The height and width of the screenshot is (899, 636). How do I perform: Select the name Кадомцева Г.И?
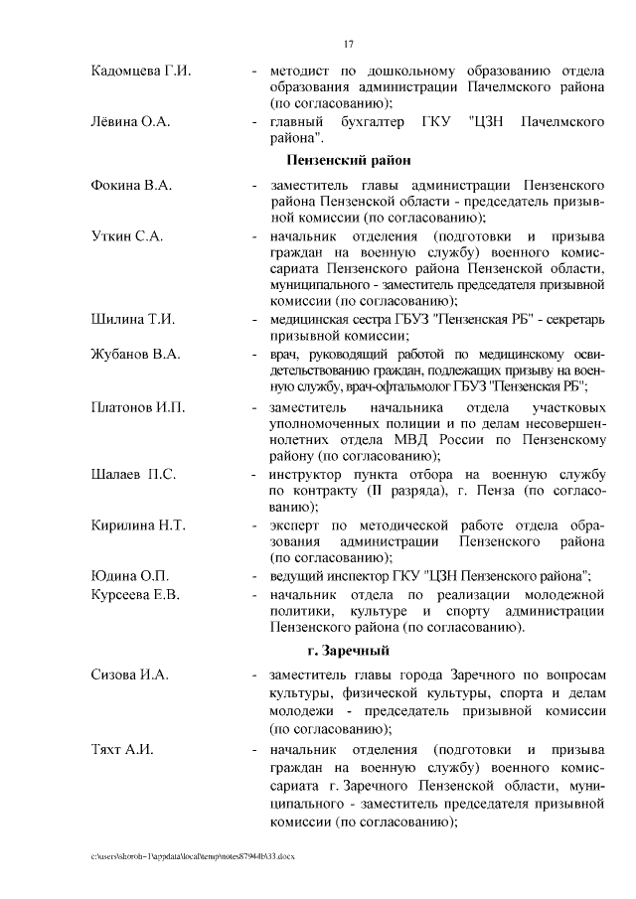click(x=140, y=72)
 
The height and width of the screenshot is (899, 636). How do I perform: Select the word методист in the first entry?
click(x=297, y=72)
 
